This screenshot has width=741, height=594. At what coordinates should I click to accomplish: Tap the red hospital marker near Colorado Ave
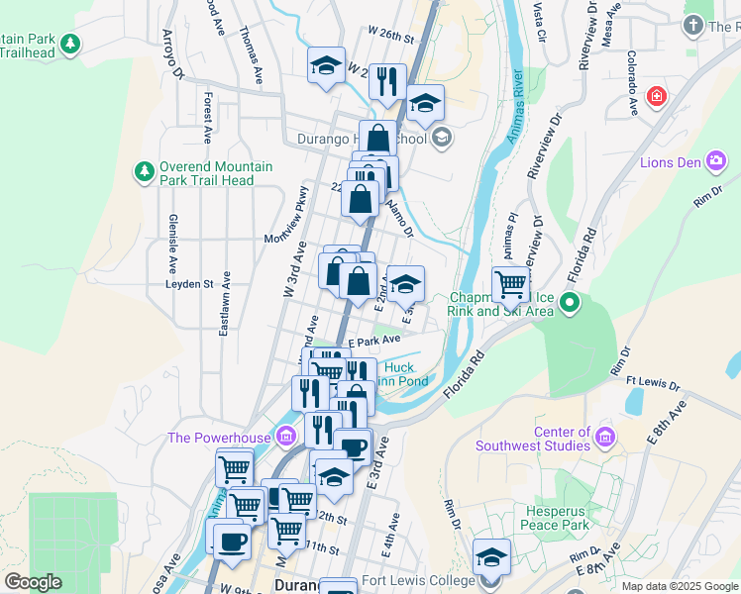coord(655,96)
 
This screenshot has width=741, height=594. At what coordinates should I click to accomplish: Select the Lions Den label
coord(672,162)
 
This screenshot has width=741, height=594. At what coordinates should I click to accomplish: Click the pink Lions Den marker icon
coord(716,161)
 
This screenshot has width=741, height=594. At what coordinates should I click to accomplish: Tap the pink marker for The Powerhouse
coord(286,437)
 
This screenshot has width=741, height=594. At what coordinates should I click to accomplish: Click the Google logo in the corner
coord(33,582)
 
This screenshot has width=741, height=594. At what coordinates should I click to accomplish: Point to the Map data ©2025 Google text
coord(680,586)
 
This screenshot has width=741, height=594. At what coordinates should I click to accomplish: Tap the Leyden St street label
coord(189,284)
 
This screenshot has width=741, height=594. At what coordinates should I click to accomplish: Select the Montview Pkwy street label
coord(287,238)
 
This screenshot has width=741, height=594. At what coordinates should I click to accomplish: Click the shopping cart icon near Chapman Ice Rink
coord(511,284)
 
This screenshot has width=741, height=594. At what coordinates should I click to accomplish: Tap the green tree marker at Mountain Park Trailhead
coord(69,44)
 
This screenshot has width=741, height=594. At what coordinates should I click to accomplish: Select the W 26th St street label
coord(389,36)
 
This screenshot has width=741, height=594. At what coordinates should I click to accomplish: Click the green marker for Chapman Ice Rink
coord(570,303)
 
